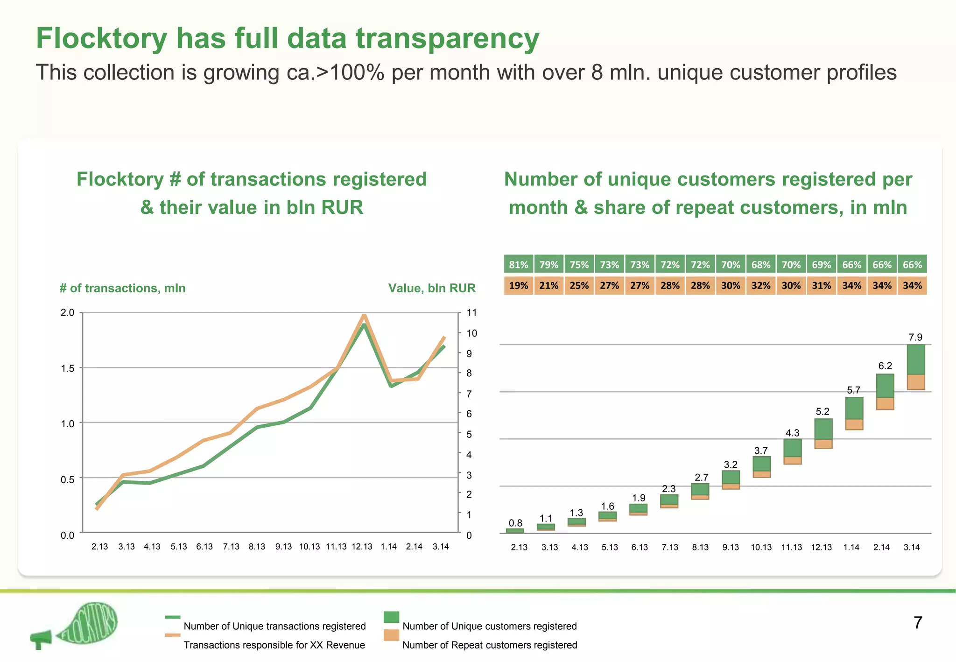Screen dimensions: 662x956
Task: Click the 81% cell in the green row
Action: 519,265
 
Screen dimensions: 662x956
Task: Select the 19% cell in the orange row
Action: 519,286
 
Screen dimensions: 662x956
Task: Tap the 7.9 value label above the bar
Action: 915,337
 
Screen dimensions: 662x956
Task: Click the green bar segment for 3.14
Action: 915,359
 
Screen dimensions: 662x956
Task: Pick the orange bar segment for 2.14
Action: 885,404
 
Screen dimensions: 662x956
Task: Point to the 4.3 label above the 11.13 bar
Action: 792,433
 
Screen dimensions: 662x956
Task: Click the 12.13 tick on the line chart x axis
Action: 362,547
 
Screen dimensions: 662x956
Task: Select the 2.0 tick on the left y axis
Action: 68,313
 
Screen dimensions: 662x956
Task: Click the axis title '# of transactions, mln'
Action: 122,288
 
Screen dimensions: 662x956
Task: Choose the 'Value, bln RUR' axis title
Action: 432,288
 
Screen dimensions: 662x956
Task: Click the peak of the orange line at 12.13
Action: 364,315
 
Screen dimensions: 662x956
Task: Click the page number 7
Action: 918,623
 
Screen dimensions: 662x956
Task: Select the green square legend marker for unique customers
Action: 391,617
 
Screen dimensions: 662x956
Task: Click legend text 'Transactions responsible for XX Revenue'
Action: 274,645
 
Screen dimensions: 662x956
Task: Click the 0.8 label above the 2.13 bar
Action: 515,523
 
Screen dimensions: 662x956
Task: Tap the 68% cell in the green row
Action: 761,265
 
